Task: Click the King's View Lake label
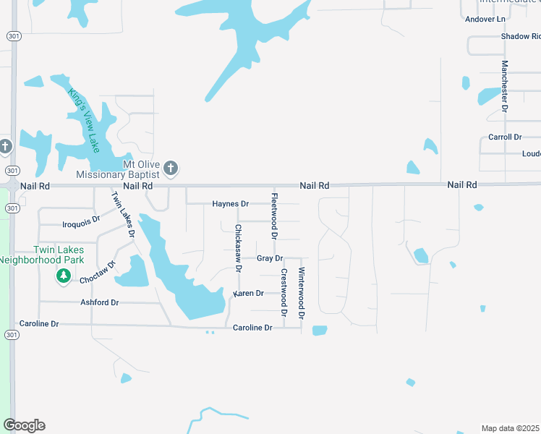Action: click(x=83, y=120)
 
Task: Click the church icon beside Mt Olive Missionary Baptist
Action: click(x=171, y=169)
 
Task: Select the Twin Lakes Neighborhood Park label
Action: click(x=41, y=255)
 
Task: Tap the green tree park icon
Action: click(x=64, y=276)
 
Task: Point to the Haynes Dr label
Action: click(x=230, y=204)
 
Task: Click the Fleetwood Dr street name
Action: click(x=274, y=216)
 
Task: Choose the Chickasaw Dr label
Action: click(x=237, y=247)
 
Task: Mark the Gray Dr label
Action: click(x=269, y=258)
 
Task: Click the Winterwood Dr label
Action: click(x=302, y=294)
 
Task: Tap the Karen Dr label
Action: click(x=248, y=294)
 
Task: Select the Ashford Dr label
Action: click(x=99, y=302)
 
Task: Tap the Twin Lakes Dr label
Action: click(x=122, y=214)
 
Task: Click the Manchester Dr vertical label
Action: click(x=505, y=85)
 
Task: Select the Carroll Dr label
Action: click(x=505, y=137)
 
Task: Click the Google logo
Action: click(x=24, y=425)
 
